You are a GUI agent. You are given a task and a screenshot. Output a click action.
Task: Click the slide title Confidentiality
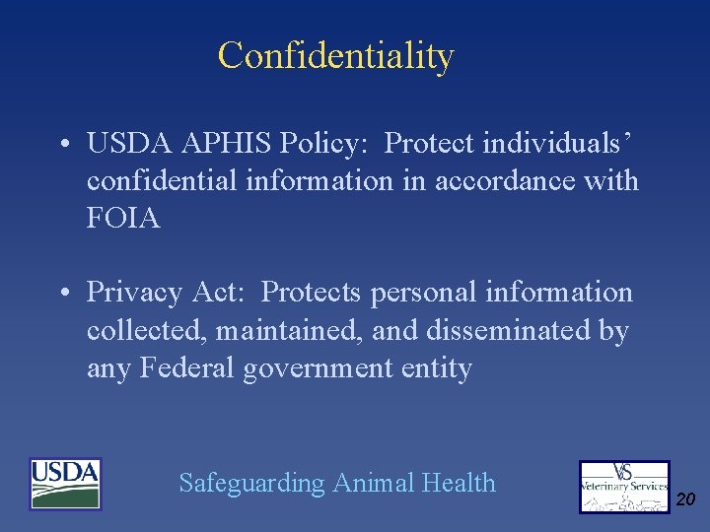tap(335, 56)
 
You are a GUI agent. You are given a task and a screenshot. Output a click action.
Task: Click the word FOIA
tap(123, 218)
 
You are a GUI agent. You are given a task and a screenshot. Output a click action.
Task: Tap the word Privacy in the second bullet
tap(134, 293)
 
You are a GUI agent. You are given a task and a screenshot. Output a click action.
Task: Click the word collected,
tap(147, 330)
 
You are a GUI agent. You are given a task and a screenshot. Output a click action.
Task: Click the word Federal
tap(187, 367)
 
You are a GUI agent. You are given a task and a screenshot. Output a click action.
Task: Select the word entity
tap(437, 368)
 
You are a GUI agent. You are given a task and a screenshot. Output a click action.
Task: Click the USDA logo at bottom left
tap(65, 484)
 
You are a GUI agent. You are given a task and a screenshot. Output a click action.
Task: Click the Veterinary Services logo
tap(624, 487)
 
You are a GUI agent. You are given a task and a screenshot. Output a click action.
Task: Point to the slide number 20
tap(685, 500)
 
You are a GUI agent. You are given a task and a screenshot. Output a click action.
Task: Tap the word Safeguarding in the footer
tap(251, 484)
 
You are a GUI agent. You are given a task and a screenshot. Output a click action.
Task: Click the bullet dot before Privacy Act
tap(62, 294)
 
